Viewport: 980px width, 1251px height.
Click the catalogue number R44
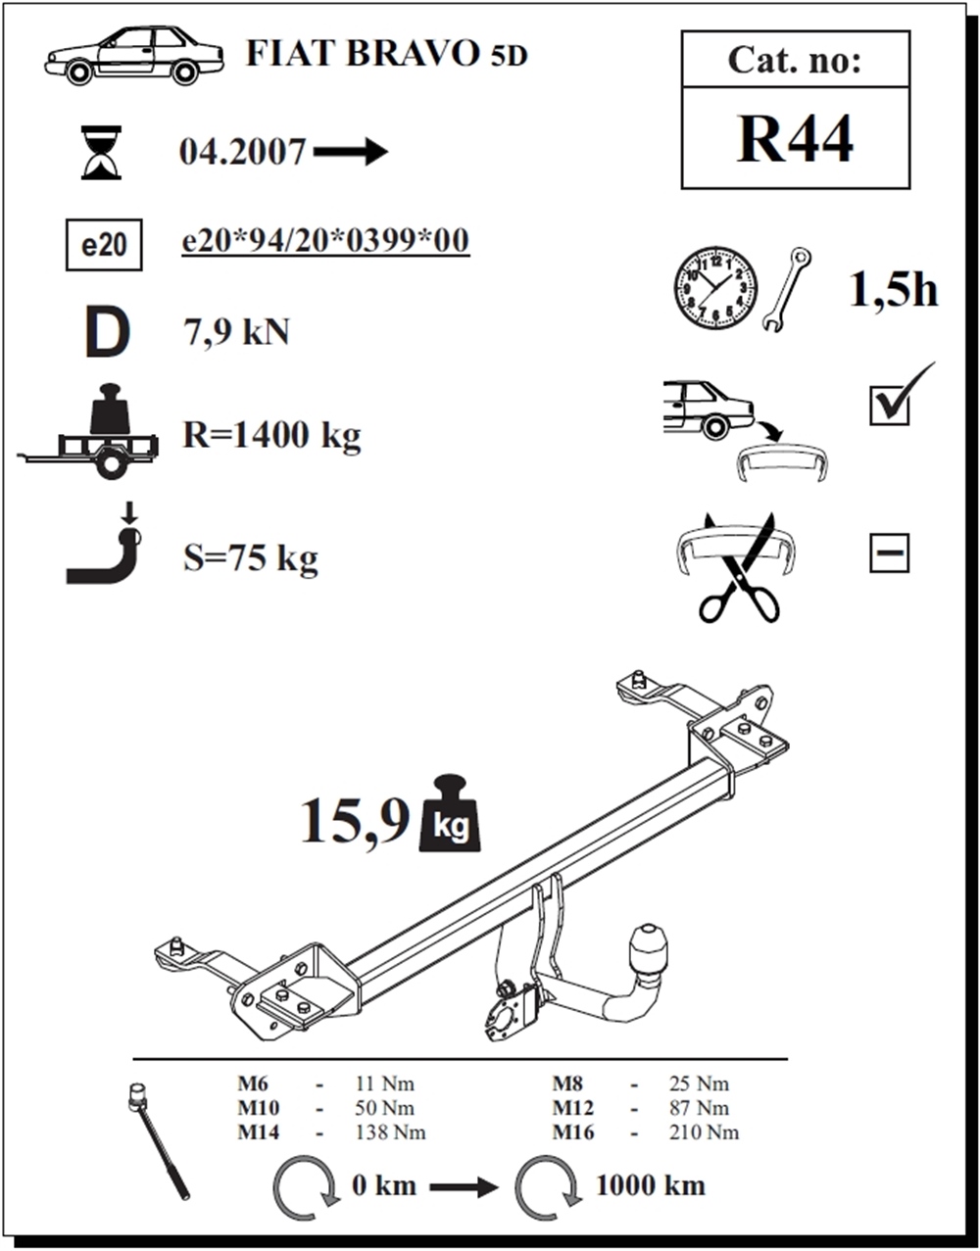795,139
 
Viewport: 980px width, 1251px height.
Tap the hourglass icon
101,152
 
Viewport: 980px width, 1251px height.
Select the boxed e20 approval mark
104,245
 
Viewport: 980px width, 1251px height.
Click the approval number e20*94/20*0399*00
325,240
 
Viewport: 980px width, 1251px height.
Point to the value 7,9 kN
236,333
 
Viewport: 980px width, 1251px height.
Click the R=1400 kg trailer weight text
271,435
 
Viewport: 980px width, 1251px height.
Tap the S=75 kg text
251,557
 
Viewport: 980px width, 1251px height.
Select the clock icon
715,289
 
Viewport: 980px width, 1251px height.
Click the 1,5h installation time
893,291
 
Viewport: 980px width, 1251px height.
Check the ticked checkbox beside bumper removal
890,407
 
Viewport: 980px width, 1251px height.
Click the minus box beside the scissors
890,553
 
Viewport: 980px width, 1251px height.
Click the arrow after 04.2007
351,152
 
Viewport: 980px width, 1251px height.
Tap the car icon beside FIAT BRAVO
134,55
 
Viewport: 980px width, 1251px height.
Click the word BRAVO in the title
413,54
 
